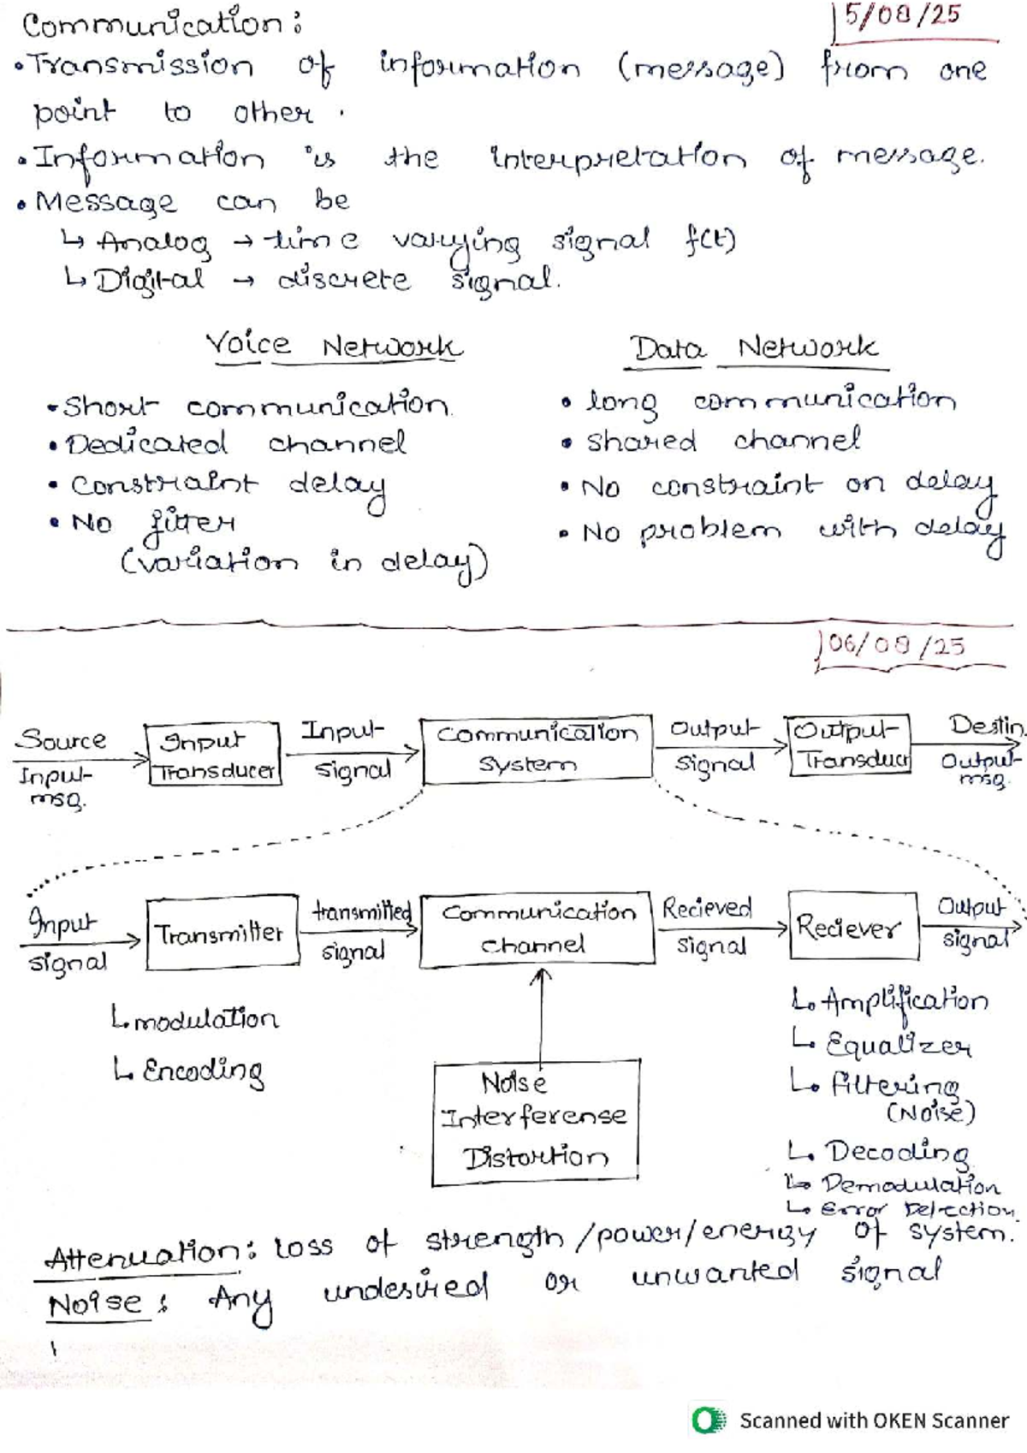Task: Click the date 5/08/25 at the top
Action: tap(901, 17)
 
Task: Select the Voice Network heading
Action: tap(334, 347)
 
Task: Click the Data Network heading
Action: tap(753, 348)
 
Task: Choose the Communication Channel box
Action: tap(538, 929)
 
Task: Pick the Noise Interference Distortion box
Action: tap(536, 1122)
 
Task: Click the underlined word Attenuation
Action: tap(142, 1257)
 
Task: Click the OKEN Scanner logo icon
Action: tap(708, 1420)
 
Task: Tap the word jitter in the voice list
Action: tap(191, 523)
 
